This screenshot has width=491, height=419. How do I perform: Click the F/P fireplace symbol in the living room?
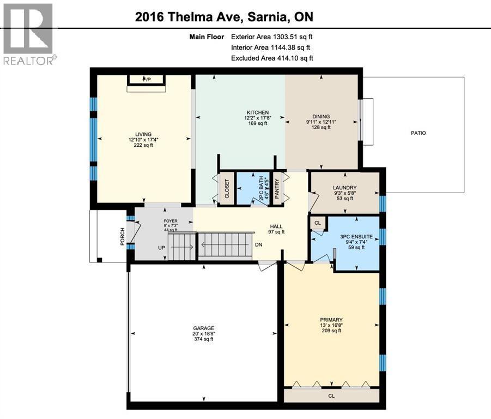(147, 80)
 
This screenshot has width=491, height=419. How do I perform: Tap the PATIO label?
(419, 133)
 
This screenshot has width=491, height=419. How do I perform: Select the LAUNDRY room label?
(344, 188)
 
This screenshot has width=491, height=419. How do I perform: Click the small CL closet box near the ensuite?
(317, 223)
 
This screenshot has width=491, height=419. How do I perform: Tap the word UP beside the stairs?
(161, 247)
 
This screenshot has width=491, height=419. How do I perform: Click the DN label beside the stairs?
(258, 244)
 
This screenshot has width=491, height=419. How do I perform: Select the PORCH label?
(123, 236)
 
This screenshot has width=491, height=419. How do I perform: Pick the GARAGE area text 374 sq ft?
(202, 339)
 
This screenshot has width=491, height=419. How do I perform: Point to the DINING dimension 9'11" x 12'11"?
(321, 122)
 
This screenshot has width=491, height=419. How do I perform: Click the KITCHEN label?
(257, 112)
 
